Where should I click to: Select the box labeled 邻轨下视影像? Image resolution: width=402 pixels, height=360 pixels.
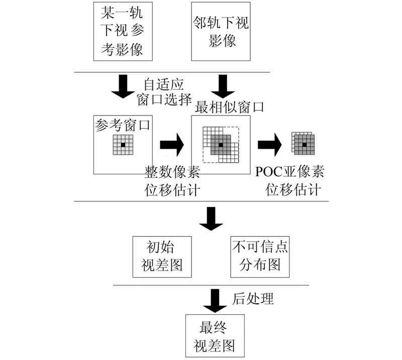tap(221, 31)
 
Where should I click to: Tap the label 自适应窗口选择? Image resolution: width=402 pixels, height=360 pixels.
tap(160, 90)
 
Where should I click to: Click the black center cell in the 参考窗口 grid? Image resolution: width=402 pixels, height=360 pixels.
tap(123, 145)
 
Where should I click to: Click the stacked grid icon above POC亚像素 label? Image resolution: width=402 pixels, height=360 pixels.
tap(303, 144)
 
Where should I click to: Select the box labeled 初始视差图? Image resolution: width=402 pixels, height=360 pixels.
tap(161, 257)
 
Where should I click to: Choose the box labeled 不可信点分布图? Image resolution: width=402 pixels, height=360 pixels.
tap(259, 257)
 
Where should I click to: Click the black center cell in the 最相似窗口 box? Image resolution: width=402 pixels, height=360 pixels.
tap(220, 145)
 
